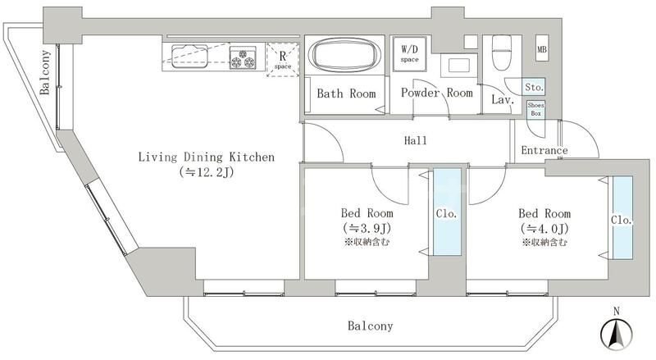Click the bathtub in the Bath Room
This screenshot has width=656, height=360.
344,56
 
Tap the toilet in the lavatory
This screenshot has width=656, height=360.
502,52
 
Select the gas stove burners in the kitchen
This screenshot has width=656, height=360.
243,57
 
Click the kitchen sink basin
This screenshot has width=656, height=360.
189,56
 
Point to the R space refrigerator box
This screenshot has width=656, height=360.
283,60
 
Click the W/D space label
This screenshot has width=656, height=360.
409,53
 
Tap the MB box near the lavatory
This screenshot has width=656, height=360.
542,49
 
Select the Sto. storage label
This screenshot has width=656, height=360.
535,87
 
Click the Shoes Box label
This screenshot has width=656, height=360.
536,109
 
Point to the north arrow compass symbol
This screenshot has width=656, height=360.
617,331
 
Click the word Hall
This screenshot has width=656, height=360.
416,140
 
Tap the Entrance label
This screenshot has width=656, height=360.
544,150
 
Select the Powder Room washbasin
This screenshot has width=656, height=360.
458,66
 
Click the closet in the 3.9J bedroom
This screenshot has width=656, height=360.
447,212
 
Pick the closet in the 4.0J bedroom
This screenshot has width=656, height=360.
622,217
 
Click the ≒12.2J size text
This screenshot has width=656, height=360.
207,172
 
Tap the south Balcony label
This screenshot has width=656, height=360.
371,326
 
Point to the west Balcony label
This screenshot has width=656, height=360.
45,72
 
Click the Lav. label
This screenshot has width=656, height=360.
503,99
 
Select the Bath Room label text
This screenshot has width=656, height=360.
346,93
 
